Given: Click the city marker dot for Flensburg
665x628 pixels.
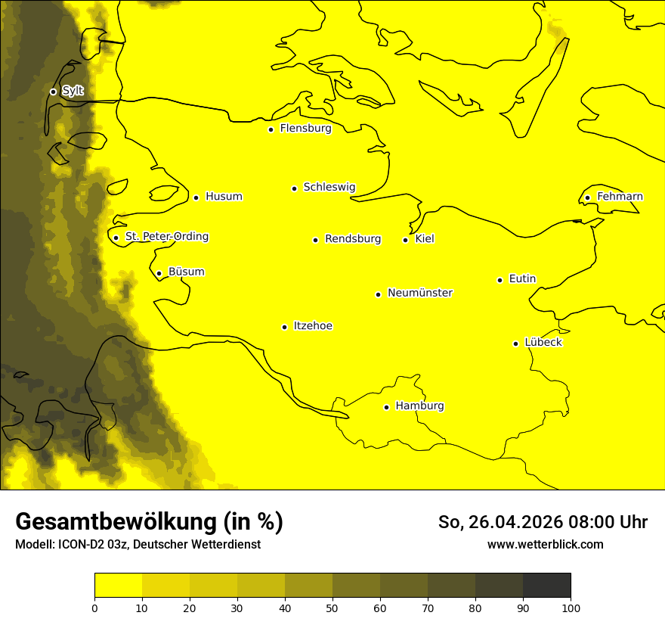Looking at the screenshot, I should [x=271, y=129].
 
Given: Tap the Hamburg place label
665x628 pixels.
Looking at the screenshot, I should [x=419, y=406].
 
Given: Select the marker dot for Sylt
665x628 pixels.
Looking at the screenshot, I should [x=53, y=92].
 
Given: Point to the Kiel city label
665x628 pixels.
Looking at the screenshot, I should [x=425, y=239].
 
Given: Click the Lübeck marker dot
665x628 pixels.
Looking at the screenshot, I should [x=515, y=344].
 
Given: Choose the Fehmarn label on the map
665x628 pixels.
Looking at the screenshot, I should [x=620, y=197].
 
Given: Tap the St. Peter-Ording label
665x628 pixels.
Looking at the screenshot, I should [x=166, y=237].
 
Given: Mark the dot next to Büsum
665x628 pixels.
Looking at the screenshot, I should [x=159, y=274].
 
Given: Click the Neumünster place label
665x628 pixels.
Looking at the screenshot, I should [x=420, y=293].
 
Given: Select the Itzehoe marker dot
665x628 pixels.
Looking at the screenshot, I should [x=284, y=328].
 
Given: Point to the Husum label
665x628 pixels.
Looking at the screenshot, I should [x=224, y=197].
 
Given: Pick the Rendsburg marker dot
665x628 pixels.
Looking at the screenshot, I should [x=315, y=240].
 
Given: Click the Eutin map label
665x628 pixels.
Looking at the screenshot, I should [x=522, y=279].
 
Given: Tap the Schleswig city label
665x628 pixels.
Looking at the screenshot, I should [x=329, y=187].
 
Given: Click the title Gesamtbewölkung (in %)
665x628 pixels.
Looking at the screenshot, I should [x=149, y=521].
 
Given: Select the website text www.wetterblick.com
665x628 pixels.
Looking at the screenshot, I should [x=545, y=545].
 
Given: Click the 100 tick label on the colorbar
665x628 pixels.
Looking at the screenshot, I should [x=571, y=608].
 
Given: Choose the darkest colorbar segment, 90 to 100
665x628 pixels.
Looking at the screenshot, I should [x=546, y=585].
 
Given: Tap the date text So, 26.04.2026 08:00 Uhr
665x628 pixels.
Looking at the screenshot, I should [x=543, y=522].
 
